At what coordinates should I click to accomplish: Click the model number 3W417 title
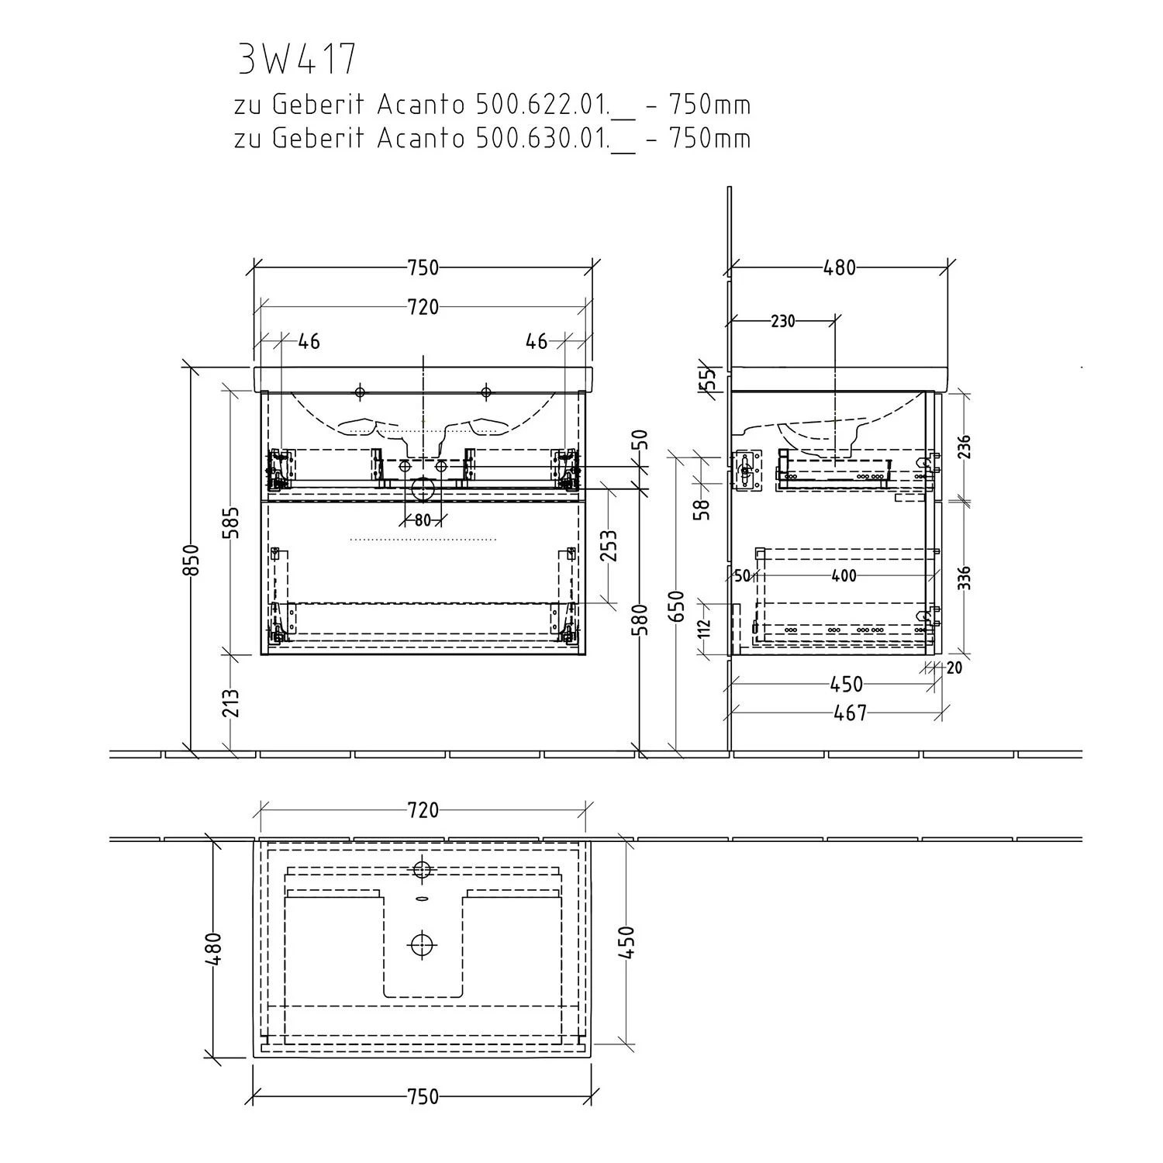297,59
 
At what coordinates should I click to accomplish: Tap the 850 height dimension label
192,560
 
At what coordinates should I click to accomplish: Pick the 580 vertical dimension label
641,620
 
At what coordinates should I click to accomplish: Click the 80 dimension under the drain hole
422,520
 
